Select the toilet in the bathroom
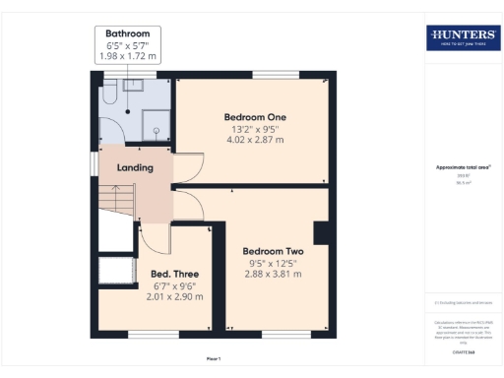(x=109, y=94)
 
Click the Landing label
(x=135, y=167)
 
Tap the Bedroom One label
(x=248, y=117)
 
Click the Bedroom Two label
(x=273, y=251)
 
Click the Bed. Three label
(x=174, y=273)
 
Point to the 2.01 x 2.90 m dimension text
(x=174, y=296)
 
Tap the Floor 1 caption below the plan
(x=214, y=358)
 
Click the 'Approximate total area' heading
(x=463, y=167)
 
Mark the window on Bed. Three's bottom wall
(x=147, y=335)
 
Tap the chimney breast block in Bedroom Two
(x=321, y=233)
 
